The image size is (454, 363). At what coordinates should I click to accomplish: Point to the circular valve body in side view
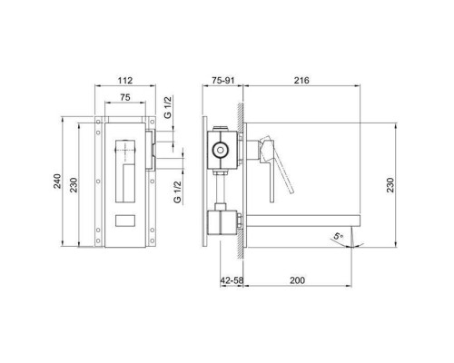click(x=219, y=149)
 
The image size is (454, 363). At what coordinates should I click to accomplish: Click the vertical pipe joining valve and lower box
click(x=220, y=188)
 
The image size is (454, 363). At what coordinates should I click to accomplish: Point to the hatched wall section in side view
click(x=241, y=181)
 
